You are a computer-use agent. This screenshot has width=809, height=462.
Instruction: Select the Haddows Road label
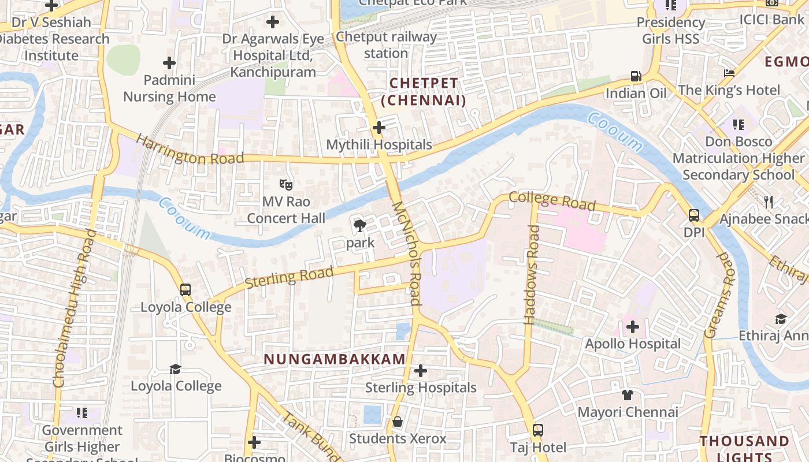532,275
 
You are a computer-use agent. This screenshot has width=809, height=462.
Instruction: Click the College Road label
552,200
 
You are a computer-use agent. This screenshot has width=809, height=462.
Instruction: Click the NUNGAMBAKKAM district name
335,359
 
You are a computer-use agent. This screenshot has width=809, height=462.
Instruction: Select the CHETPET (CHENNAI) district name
424,92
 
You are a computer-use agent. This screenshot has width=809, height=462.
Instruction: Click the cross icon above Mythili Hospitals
379,127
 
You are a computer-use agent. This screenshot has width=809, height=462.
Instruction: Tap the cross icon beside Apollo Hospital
633,327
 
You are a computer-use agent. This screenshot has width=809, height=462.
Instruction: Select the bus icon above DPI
694,215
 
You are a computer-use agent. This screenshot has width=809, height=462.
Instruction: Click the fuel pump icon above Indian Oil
636,76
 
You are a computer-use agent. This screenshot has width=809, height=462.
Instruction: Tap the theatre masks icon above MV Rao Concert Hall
286,185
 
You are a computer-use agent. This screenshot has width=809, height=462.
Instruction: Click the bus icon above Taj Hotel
538,430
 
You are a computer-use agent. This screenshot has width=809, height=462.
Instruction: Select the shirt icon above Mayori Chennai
628,395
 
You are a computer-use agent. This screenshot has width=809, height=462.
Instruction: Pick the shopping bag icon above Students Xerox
398,422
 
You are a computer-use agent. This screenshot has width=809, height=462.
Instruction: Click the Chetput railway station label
386,45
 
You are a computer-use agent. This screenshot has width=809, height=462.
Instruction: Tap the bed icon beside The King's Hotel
729,73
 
